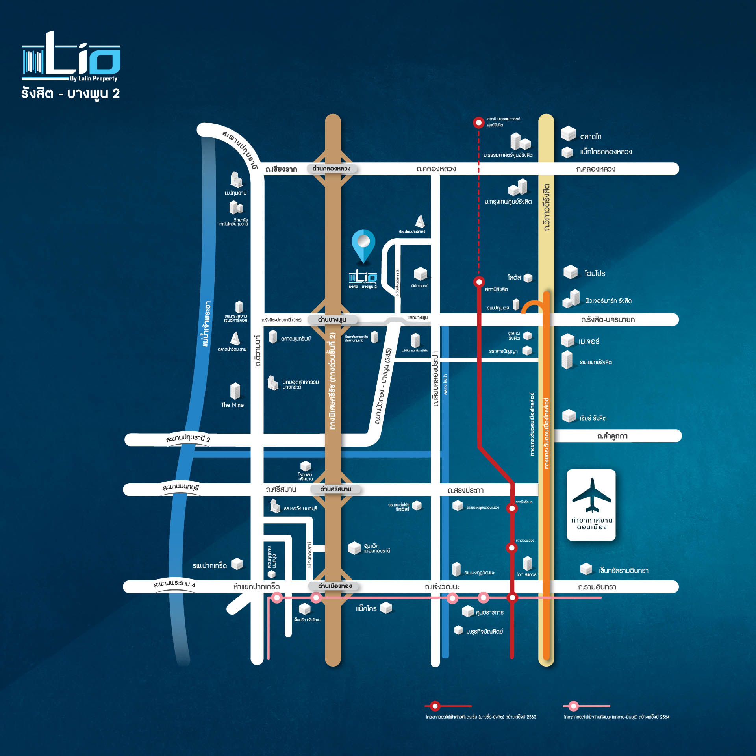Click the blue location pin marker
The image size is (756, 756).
(x=363, y=244)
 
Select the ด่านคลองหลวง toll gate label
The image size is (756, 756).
(x=331, y=169)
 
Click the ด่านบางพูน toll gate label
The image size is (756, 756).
(x=332, y=320)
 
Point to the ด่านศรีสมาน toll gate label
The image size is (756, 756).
(x=335, y=489)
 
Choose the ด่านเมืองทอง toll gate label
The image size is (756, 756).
(x=335, y=586)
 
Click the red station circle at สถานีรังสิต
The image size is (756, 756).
(x=479, y=282)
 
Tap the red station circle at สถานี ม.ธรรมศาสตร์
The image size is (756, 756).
(x=478, y=122)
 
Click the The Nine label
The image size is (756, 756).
(x=232, y=405)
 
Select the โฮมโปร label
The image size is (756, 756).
(x=595, y=274)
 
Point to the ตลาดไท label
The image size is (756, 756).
(x=591, y=137)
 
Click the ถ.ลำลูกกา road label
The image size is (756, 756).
(x=612, y=436)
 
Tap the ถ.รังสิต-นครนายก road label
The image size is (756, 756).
(x=608, y=320)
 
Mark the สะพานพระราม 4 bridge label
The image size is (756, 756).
(x=174, y=584)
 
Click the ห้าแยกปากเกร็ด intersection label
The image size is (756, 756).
(x=256, y=587)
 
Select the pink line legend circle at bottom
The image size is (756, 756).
(x=574, y=706)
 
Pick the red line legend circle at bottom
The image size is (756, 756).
(x=435, y=706)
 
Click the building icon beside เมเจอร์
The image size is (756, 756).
(x=568, y=340)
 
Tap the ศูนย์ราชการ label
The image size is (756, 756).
(x=489, y=613)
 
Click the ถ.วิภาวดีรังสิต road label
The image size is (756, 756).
(x=547, y=207)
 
